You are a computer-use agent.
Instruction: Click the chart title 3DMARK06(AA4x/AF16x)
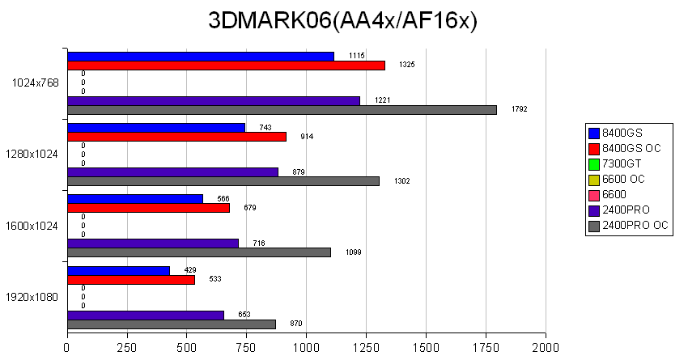pos(343,21)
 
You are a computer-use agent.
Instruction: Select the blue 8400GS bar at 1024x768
pos(201,56)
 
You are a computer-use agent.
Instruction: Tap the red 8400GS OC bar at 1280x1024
pos(176,136)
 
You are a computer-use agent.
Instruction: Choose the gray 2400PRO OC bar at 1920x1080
pos(172,324)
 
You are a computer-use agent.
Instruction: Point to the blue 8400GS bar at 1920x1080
pos(119,270)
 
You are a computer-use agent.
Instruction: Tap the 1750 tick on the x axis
pos(485,348)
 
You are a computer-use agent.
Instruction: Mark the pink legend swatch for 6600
pos(594,194)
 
